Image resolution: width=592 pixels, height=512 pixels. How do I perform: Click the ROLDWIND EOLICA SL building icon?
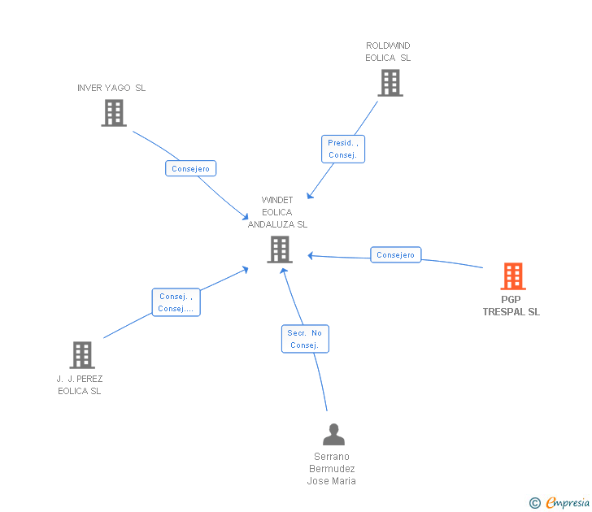coord(390,82)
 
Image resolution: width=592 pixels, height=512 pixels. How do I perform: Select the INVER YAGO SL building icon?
coord(114,113)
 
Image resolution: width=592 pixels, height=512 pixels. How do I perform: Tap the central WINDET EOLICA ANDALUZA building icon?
coord(279,249)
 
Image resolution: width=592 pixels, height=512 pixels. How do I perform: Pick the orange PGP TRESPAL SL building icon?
coord(512,276)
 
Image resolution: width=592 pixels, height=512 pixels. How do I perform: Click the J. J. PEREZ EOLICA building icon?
coord(81,354)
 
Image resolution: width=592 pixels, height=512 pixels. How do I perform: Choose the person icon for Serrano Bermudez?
coord(333,435)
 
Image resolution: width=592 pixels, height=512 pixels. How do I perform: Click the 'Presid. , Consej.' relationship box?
coord(342,149)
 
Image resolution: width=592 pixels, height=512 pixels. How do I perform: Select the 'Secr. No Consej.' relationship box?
coord(305,339)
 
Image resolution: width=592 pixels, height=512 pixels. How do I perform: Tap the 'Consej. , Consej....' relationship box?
coord(176,302)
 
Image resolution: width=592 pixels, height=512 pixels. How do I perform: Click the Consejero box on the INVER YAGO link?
coord(190,169)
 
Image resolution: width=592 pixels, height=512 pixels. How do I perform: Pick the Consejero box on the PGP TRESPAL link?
coord(396,255)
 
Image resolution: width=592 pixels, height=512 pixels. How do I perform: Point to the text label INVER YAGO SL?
coord(111,88)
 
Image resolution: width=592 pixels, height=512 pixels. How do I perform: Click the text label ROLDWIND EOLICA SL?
coord(388,52)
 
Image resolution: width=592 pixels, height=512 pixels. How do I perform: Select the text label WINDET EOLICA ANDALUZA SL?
coord(277,212)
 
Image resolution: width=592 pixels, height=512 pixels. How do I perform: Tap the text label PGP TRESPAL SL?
coord(511,306)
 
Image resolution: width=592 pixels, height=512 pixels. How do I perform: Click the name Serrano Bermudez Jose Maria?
coord(332,469)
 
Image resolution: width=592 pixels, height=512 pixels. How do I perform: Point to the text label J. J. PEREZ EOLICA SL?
coord(80,384)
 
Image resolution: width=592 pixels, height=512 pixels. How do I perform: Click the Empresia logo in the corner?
coord(567,503)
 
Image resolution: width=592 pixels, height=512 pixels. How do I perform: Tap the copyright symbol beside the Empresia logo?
coord(534,503)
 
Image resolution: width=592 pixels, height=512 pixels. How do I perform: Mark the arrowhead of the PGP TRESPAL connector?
coord(311,256)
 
